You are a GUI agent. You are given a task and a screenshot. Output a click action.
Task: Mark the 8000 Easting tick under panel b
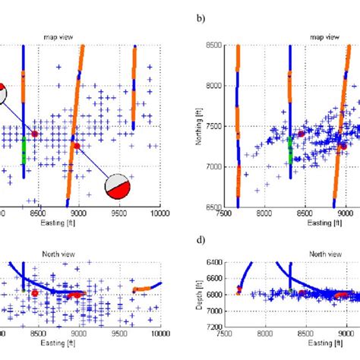[265, 215]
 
